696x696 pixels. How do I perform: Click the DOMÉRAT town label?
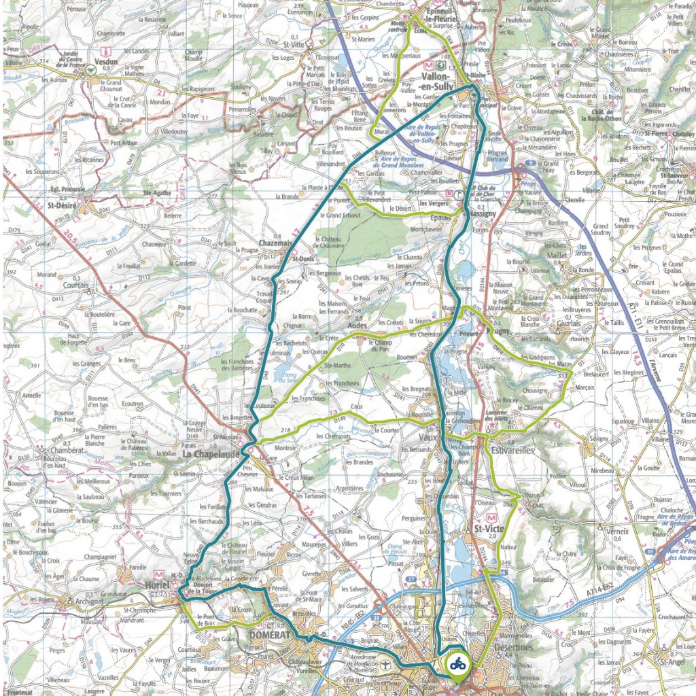pyautogui.click(x=270, y=634)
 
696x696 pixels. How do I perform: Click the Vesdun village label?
pyautogui.click(x=107, y=60)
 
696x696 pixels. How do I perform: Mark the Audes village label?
pyautogui.click(x=357, y=326)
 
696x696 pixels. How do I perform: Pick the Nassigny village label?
pyautogui.click(x=483, y=213)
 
